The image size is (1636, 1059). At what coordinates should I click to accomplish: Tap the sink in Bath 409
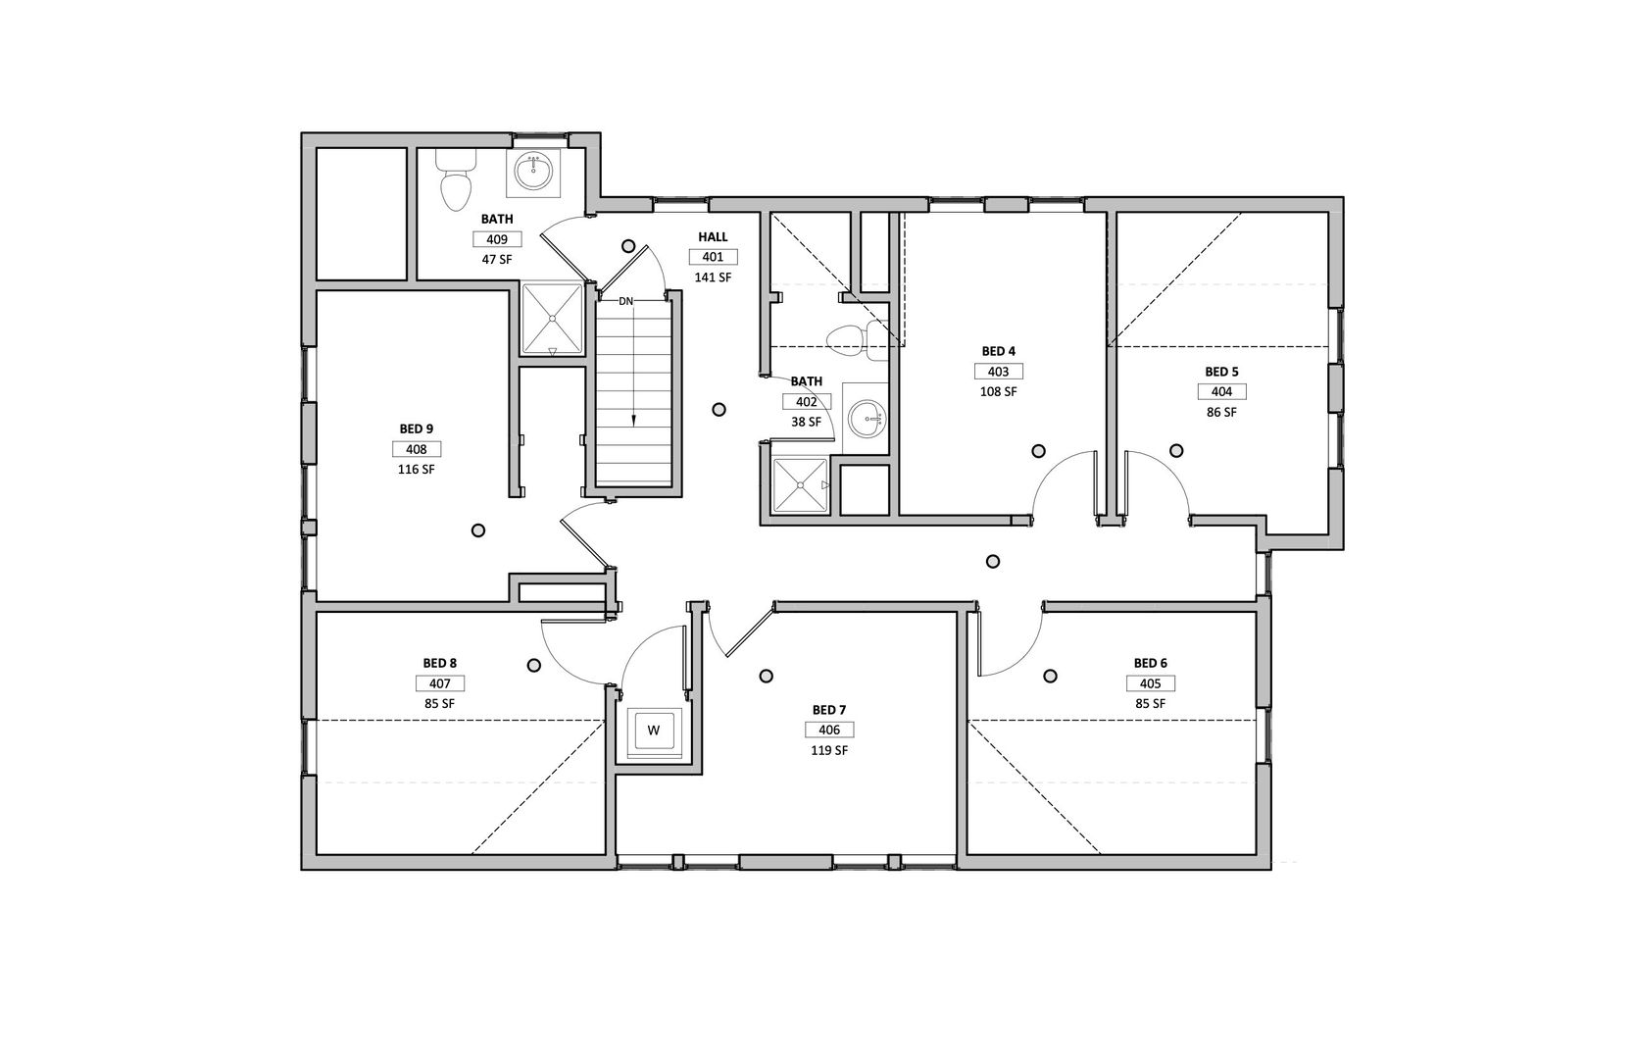[x=533, y=173]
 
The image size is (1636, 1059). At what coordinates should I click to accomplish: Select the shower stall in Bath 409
[x=552, y=320]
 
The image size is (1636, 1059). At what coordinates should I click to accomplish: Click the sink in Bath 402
[x=866, y=419]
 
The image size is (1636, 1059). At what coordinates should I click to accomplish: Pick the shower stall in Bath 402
[x=801, y=484]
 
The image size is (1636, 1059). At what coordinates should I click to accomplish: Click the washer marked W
[x=654, y=731]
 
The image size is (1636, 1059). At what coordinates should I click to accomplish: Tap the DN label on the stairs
[x=626, y=301]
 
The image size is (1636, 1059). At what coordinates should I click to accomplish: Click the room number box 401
[x=713, y=257]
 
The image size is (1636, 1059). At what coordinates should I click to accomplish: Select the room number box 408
[x=417, y=449]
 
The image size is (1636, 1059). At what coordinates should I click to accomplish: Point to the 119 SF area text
[x=829, y=750]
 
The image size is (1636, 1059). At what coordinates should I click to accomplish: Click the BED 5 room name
[x=1221, y=372]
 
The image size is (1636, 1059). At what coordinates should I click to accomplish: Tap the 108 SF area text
[x=999, y=391]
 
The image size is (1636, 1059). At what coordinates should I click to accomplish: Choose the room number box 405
[x=1151, y=683]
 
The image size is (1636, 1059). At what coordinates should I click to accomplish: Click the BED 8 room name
[x=440, y=663]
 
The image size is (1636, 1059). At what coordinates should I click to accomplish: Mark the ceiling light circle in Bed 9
[x=478, y=530]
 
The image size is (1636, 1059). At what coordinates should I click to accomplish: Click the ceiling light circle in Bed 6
[x=1050, y=676]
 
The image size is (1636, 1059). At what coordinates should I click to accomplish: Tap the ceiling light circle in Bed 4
[x=1039, y=451]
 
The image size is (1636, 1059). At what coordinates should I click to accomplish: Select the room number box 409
[x=497, y=239]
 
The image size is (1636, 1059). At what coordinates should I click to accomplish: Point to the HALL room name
[x=713, y=236]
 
